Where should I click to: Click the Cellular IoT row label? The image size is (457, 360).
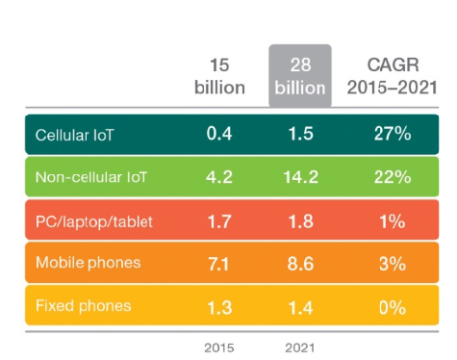(x=74, y=135)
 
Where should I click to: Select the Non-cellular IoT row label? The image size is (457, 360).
(x=91, y=177)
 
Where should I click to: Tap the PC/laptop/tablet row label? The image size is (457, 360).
(x=94, y=222)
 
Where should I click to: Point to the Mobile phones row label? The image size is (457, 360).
(x=89, y=263)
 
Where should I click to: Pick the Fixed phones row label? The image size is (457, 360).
(x=84, y=305)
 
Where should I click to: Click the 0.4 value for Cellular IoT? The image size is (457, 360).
(x=219, y=134)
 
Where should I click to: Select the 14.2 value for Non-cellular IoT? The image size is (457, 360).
(x=300, y=177)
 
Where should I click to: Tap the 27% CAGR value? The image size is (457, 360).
(x=393, y=134)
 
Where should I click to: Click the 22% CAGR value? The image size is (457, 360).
(x=393, y=177)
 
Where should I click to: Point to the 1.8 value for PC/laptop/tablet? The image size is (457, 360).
(x=301, y=221)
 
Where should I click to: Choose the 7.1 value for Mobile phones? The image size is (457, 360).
(x=219, y=264)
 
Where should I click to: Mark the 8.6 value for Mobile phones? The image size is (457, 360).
(x=300, y=264)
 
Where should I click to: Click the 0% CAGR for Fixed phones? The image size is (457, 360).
(x=393, y=308)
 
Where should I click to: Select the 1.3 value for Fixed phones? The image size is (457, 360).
(x=219, y=308)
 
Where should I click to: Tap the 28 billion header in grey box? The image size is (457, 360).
(x=300, y=76)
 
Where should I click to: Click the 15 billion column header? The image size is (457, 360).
(x=219, y=76)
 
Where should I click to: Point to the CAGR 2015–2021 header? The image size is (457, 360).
(x=393, y=76)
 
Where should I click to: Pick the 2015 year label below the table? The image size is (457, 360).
(x=219, y=348)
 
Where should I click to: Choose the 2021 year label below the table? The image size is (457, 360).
(x=300, y=348)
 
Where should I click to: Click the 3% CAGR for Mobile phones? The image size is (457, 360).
(x=393, y=264)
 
